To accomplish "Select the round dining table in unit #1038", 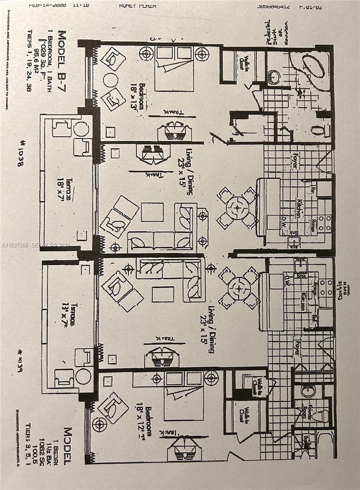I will [x=237, y=207].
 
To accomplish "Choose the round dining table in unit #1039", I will [x=239, y=288].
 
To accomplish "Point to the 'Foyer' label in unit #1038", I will [x=295, y=160].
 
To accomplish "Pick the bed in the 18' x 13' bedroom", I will [x=174, y=69].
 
